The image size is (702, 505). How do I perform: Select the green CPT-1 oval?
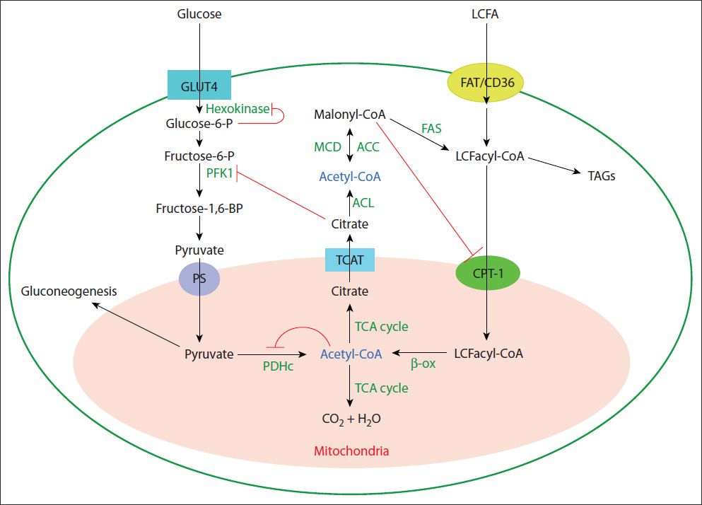pyautogui.click(x=486, y=272)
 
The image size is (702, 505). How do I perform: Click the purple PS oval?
pyautogui.click(x=199, y=277)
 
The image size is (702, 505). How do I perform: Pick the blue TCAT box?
pyautogui.click(x=349, y=260)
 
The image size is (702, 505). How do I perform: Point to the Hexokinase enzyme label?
pyautogui.click(x=238, y=109)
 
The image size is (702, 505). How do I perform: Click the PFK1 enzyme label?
pyautogui.click(x=219, y=172)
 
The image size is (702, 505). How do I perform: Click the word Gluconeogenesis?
pyautogui.click(x=69, y=291)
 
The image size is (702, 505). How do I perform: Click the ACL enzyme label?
pyautogui.click(x=363, y=203)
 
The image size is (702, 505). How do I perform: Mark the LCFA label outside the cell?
pyautogui.click(x=485, y=13)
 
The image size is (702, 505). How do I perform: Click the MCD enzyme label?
pyautogui.click(x=327, y=147)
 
